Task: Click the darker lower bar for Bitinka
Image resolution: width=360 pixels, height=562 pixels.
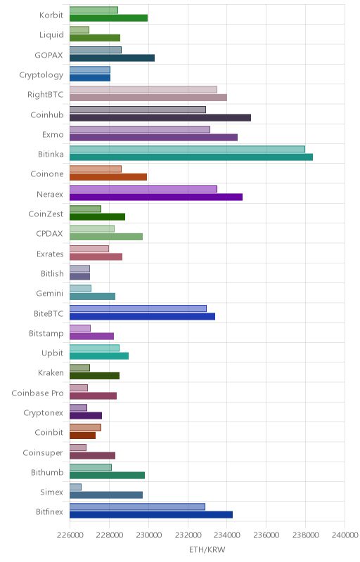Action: tap(191, 157)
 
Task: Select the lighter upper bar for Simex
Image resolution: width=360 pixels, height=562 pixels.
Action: tap(75, 487)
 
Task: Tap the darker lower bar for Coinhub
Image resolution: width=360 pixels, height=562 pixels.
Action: tap(160, 117)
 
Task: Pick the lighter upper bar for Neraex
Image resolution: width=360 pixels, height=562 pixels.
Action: tap(143, 189)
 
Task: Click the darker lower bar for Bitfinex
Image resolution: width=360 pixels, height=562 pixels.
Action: tap(151, 515)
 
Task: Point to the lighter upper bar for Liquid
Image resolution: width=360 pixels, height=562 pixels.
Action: tap(79, 30)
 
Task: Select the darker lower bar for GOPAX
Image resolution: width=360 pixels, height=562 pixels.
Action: tap(112, 58)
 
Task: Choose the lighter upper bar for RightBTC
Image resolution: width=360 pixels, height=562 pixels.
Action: tap(143, 90)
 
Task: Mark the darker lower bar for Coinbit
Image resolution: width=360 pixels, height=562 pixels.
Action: tap(82, 436)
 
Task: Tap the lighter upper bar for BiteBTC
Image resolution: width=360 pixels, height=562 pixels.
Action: tap(138, 308)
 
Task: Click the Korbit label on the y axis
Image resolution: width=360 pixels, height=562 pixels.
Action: tap(51, 15)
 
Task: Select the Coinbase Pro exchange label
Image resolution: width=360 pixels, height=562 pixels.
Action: tap(38, 393)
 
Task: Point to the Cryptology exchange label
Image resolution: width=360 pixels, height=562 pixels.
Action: tap(41, 75)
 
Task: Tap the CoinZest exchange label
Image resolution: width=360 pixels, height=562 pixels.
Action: tap(46, 214)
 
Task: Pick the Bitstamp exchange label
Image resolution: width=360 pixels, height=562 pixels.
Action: tap(46, 334)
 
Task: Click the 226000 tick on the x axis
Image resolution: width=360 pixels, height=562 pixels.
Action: tap(70, 535)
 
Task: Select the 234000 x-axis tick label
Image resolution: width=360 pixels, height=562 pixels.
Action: tap(226, 535)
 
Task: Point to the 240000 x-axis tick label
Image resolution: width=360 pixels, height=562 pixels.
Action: tap(345, 535)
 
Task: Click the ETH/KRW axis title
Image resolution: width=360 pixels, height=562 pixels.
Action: tap(207, 550)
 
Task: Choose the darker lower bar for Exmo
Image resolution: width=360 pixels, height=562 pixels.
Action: tap(153, 137)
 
